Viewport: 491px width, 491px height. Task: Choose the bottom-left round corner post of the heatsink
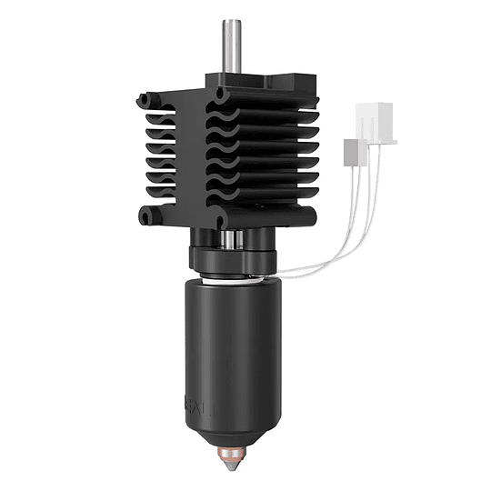pos(147,217)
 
